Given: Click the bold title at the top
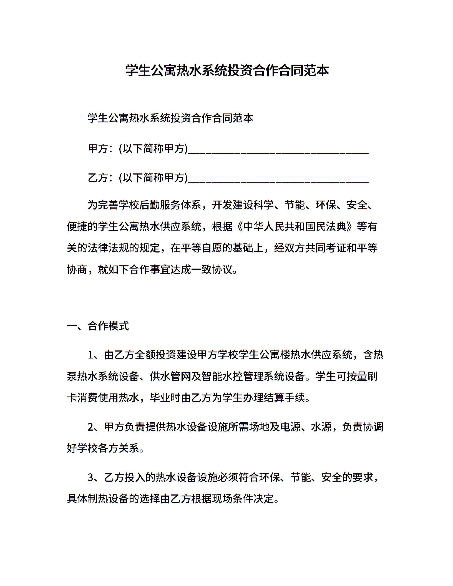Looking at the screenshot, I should click(227, 70).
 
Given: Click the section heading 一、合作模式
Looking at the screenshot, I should click(98, 326).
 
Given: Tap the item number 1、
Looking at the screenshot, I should click(95, 355).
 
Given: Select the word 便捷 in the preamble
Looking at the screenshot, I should click(77, 227).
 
